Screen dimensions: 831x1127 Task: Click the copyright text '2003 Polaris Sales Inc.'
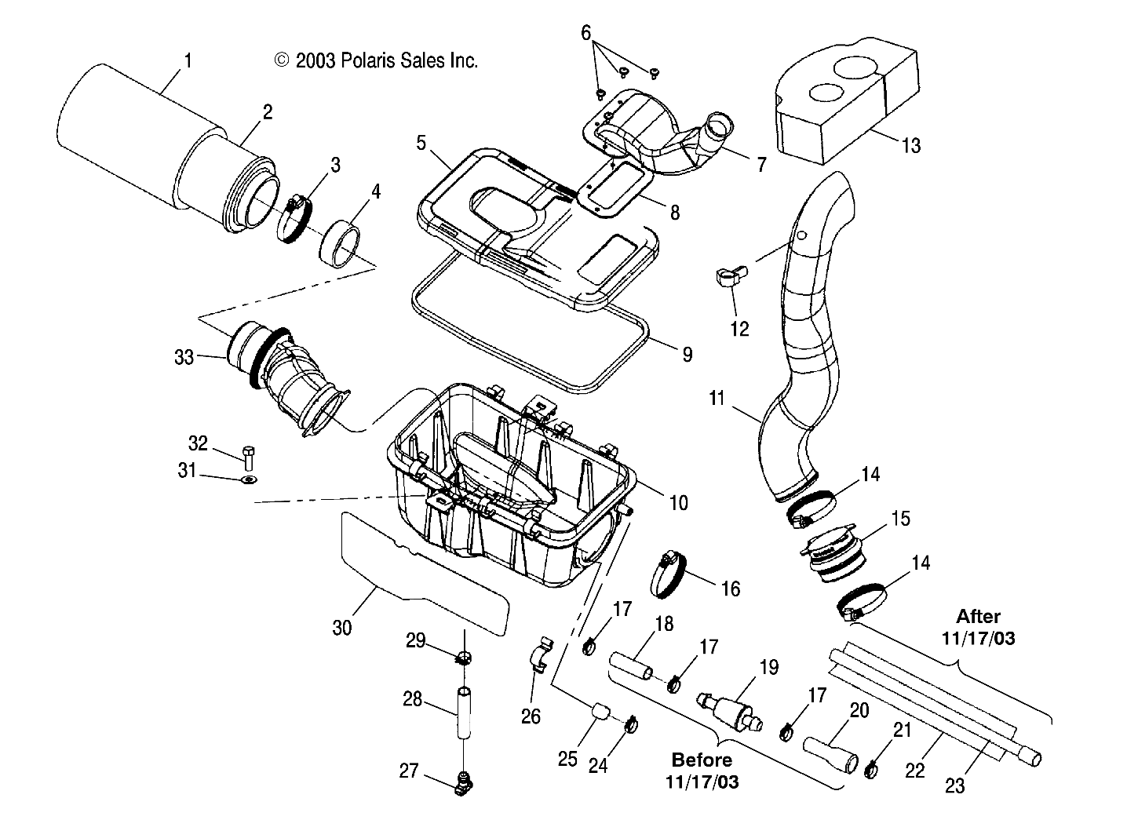tap(376, 60)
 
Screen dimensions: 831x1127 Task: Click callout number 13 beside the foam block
tap(910, 145)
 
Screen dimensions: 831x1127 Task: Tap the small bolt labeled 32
tap(248, 457)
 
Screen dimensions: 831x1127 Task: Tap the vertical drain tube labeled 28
tap(464, 713)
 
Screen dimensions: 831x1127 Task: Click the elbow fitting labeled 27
tap(464, 782)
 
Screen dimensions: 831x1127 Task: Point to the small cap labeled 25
tap(600, 713)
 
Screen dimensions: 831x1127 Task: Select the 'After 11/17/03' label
tap(978, 627)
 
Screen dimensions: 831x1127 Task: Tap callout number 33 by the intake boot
tap(184, 357)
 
